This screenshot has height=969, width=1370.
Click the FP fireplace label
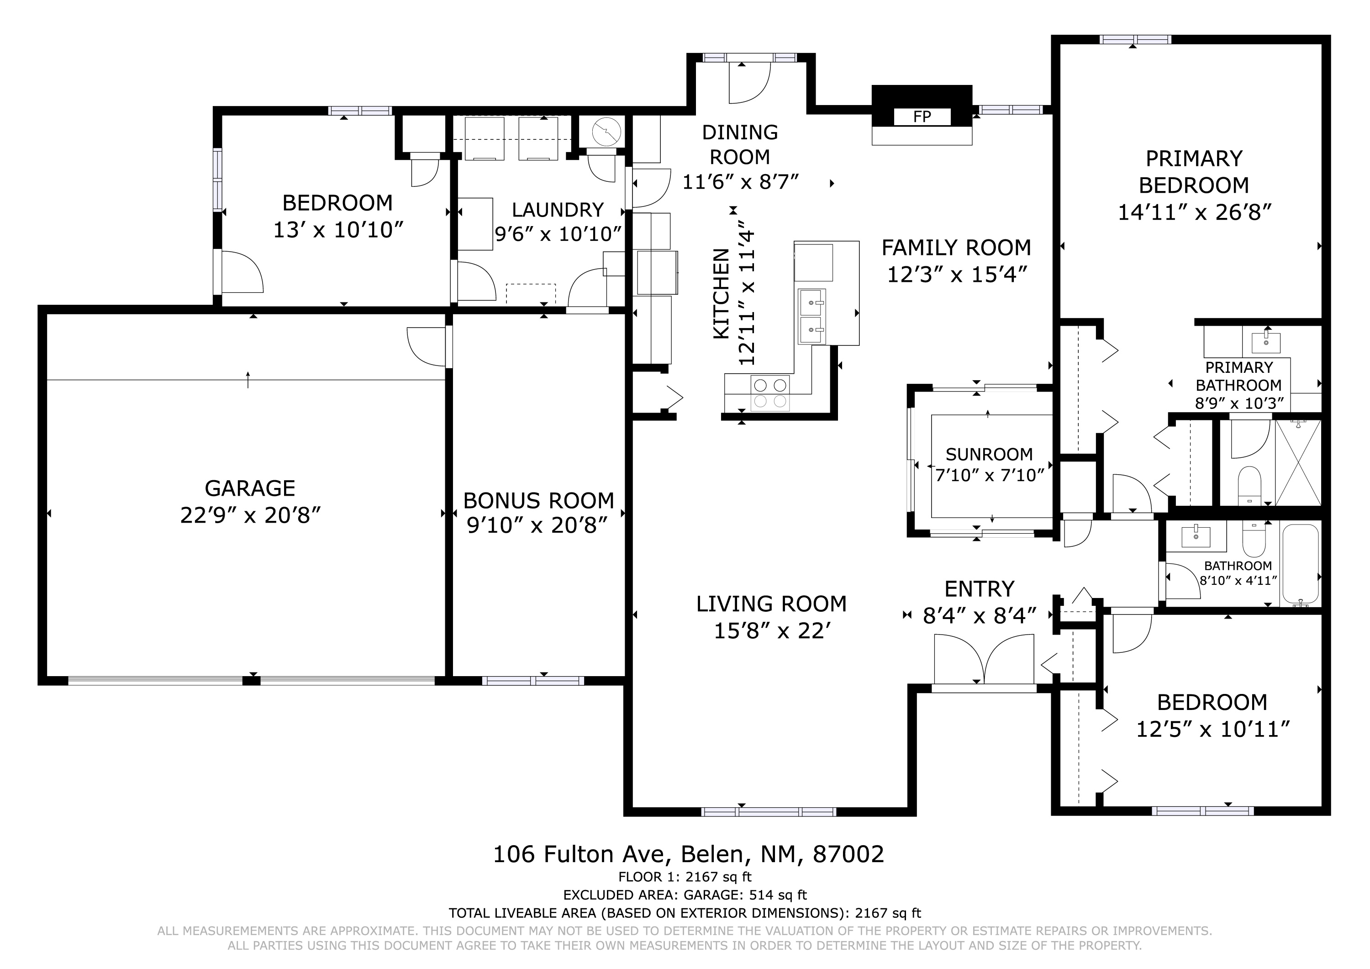pos(922,116)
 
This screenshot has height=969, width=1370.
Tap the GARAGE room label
pos(250,488)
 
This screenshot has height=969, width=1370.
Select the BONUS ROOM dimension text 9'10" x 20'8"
pos(537,525)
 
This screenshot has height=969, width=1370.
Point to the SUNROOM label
pos(989,455)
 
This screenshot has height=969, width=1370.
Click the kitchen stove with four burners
pos(770,393)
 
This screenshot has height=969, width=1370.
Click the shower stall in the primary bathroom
pos(1298,463)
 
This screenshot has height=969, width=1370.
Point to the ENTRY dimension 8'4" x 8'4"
pos(979,615)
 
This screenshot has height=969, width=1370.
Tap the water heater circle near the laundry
pos(607,132)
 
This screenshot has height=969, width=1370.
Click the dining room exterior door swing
pos(750,82)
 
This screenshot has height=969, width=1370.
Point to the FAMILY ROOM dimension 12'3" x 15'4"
pos(957,275)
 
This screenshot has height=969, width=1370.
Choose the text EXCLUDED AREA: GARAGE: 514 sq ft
pos(685,895)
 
